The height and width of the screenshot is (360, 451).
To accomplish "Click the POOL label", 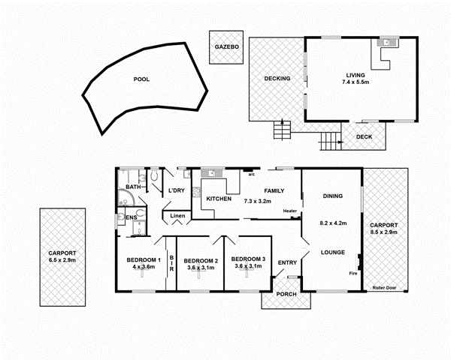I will [141, 79].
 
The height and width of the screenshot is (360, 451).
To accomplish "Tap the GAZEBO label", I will [226, 46].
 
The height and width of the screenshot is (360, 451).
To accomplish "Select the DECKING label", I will [276, 79].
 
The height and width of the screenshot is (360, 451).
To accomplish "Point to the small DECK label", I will [364, 136].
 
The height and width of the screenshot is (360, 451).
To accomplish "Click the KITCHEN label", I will [218, 199].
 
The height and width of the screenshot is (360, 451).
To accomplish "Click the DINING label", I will [333, 196].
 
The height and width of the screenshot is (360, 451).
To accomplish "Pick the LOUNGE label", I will [333, 253].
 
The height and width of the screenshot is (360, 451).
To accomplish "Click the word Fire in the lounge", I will [353, 274].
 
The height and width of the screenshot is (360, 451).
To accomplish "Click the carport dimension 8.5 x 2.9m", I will [384, 232].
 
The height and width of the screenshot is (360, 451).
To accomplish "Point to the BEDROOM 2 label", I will [200, 259].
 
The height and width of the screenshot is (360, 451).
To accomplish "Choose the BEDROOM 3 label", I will [247, 259].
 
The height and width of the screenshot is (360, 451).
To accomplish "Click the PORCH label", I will [286, 293].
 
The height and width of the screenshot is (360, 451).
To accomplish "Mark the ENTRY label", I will [287, 262].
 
